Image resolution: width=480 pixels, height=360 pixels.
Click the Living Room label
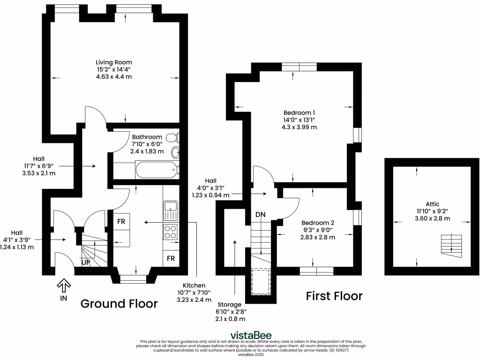click(113, 62)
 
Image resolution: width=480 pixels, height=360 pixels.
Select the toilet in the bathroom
click(173, 137)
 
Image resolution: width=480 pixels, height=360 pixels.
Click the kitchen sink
click(170, 210)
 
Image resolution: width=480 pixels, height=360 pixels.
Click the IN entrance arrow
click(64, 285)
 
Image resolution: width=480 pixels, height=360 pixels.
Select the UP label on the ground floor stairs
click(86, 263)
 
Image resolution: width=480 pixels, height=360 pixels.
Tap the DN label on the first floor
click(261, 215)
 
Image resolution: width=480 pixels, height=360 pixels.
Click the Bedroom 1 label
click(299, 112)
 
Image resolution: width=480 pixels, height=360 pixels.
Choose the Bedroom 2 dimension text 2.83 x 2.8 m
click(318, 237)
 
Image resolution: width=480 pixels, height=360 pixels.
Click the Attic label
click(432, 204)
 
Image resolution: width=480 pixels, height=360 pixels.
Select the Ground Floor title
click(119, 304)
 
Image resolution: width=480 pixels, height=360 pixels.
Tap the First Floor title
click(334, 296)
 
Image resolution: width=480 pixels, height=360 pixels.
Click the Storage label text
click(230, 305)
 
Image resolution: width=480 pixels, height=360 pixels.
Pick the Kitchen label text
click(194, 285)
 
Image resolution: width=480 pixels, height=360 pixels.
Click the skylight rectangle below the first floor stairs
click(261, 281)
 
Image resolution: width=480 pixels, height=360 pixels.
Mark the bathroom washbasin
click(176, 152)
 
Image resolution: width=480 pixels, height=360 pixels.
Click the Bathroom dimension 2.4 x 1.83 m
click(147, 151)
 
